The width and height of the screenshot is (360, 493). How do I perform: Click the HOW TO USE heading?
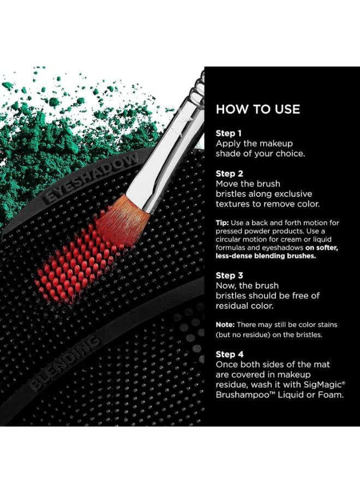click(258, 109)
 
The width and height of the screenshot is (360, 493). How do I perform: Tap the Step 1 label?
click(229, 133)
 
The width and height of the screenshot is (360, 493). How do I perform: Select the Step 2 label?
click(229, 173)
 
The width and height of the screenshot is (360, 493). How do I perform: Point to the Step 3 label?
click(229, 275)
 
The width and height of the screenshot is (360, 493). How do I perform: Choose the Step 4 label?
click(230, 354)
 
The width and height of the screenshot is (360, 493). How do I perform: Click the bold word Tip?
click(223, 223)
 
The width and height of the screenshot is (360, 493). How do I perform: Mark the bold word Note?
click(225, 324)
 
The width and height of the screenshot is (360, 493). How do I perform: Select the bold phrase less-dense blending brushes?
click(266, 256)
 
